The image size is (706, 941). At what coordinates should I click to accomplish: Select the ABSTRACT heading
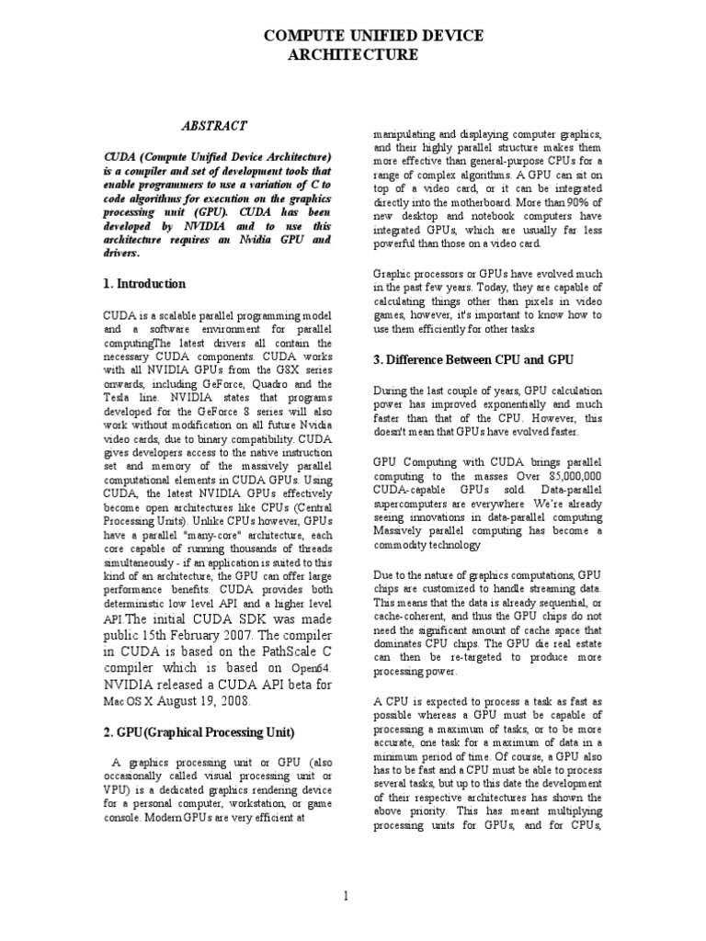pos(212,126)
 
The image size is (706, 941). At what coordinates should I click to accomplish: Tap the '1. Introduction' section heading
pos(144,284)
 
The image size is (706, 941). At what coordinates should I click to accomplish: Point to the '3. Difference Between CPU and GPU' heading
pos(473,358)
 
